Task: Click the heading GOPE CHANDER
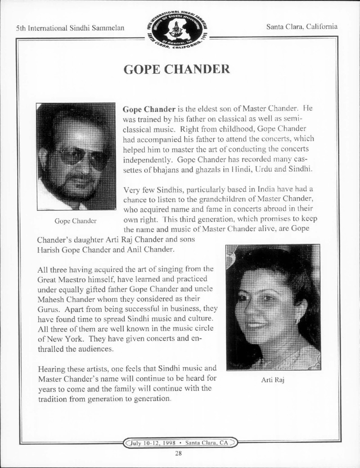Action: (x=176, y=69)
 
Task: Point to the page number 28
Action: (x=179, y=453)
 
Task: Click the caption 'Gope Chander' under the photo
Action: (x=75, y=221)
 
